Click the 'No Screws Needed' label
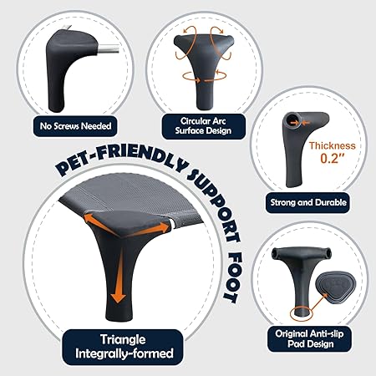coord(75,126)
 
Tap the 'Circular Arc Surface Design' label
coord(203,126)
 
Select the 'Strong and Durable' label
coord(308,202)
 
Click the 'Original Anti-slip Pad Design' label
coord(309,339)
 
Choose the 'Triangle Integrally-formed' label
coord(124,347)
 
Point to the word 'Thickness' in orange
coord(333,145)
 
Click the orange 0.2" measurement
coord(333,158)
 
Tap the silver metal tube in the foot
coord(109,49)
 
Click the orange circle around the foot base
coord(302,313)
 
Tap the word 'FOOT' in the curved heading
coord(233,278)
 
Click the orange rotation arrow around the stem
coord(204,77)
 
